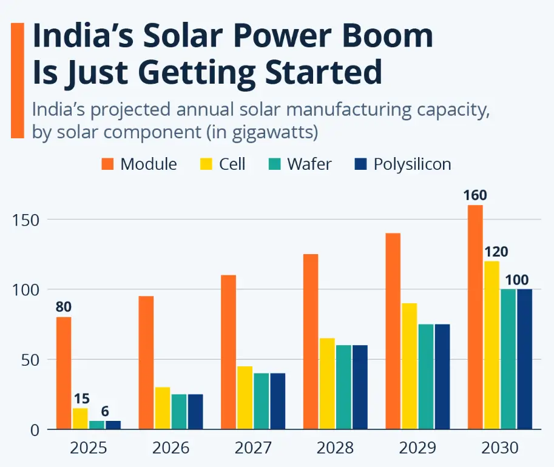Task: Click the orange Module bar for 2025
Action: [x=64, y=373]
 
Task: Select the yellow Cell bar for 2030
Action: [x=492, y=345]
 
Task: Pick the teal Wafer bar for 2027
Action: [x=261, y=401]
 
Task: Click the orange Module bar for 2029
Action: [x=393, y=331]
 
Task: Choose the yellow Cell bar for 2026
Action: [x=163, y=408]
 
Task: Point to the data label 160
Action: [x=475, y=195]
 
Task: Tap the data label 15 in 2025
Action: [x=81, y=399]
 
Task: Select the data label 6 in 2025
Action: [x=104, y=412]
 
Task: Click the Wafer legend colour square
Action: [x=275, y=164]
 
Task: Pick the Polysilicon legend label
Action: [x=412, y=164]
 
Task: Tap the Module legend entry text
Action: [x=149, y=164]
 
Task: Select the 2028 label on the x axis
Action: [x=335, y=448]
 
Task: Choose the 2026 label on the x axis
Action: [x=171, y=448]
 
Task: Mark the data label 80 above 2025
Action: [x=64, y=307]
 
